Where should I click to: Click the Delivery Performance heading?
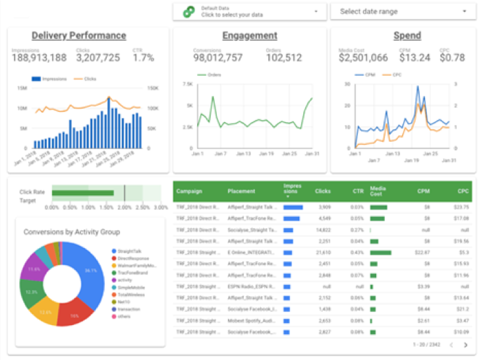coord(78,36)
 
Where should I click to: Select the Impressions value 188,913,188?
coord(39,58)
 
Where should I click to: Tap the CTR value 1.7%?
coord(143,58)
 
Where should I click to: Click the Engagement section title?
coord(250,36)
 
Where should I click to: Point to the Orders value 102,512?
coord(284,58)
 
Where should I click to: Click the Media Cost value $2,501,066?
coord(363,58)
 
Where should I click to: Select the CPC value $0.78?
coord(452,58)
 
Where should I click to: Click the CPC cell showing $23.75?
coord(461,207)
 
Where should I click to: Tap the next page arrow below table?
coord(466,344)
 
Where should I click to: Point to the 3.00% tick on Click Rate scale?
coord(161,207)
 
